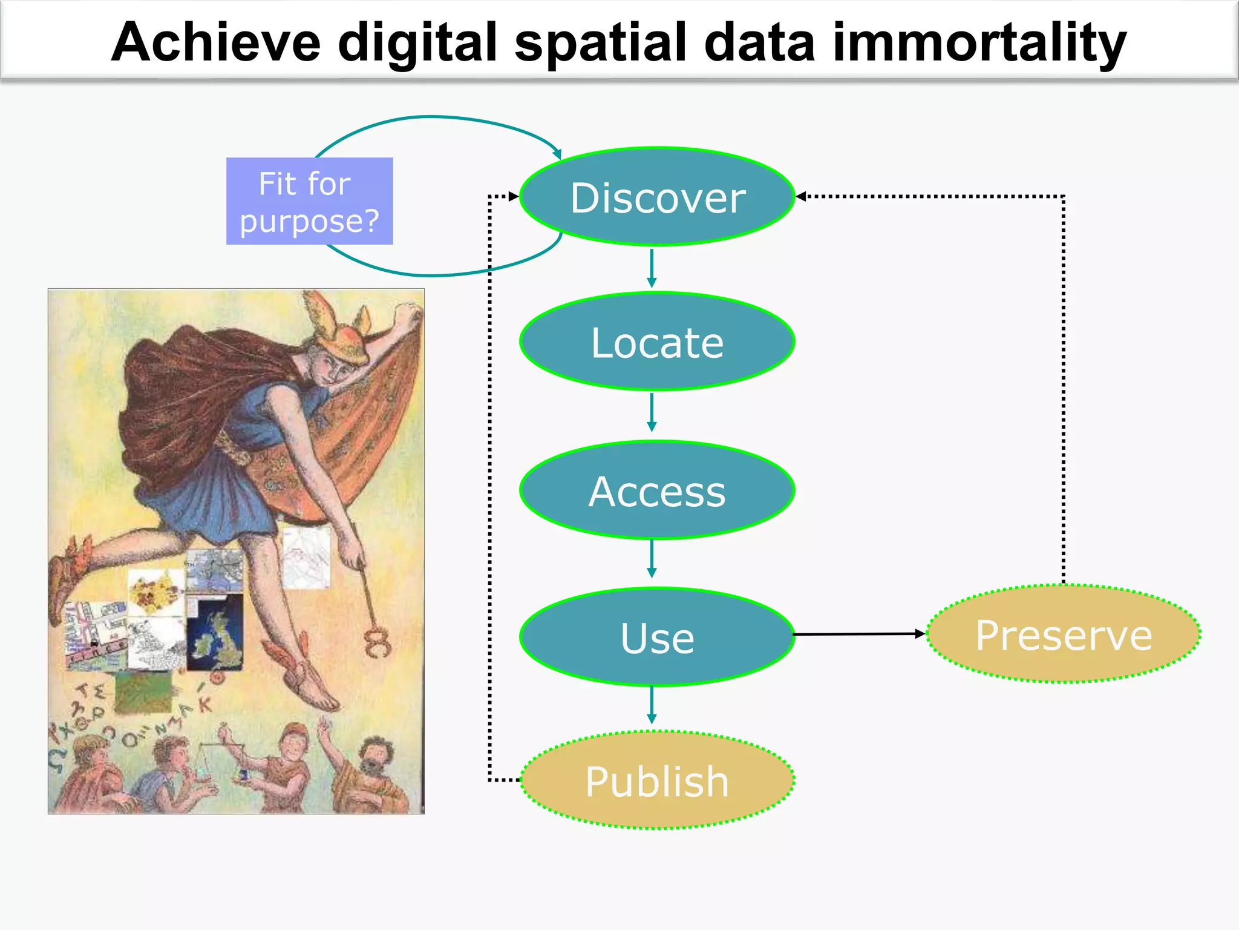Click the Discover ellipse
tap(657, 197)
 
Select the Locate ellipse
tap(657, 342)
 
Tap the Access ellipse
tap(657, 490)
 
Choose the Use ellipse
tap(657, 637)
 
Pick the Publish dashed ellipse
tap(657, 780)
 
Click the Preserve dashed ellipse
tap(1063, 635)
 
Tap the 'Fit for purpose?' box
tap(309, 201)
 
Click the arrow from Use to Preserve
tap(859, 634)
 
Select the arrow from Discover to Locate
tap(652, 268)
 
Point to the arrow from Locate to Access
tap(652, 412)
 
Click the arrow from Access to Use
tap(652, 558)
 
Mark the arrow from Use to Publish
tap(652, 705)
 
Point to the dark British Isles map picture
tap(216, 633)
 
